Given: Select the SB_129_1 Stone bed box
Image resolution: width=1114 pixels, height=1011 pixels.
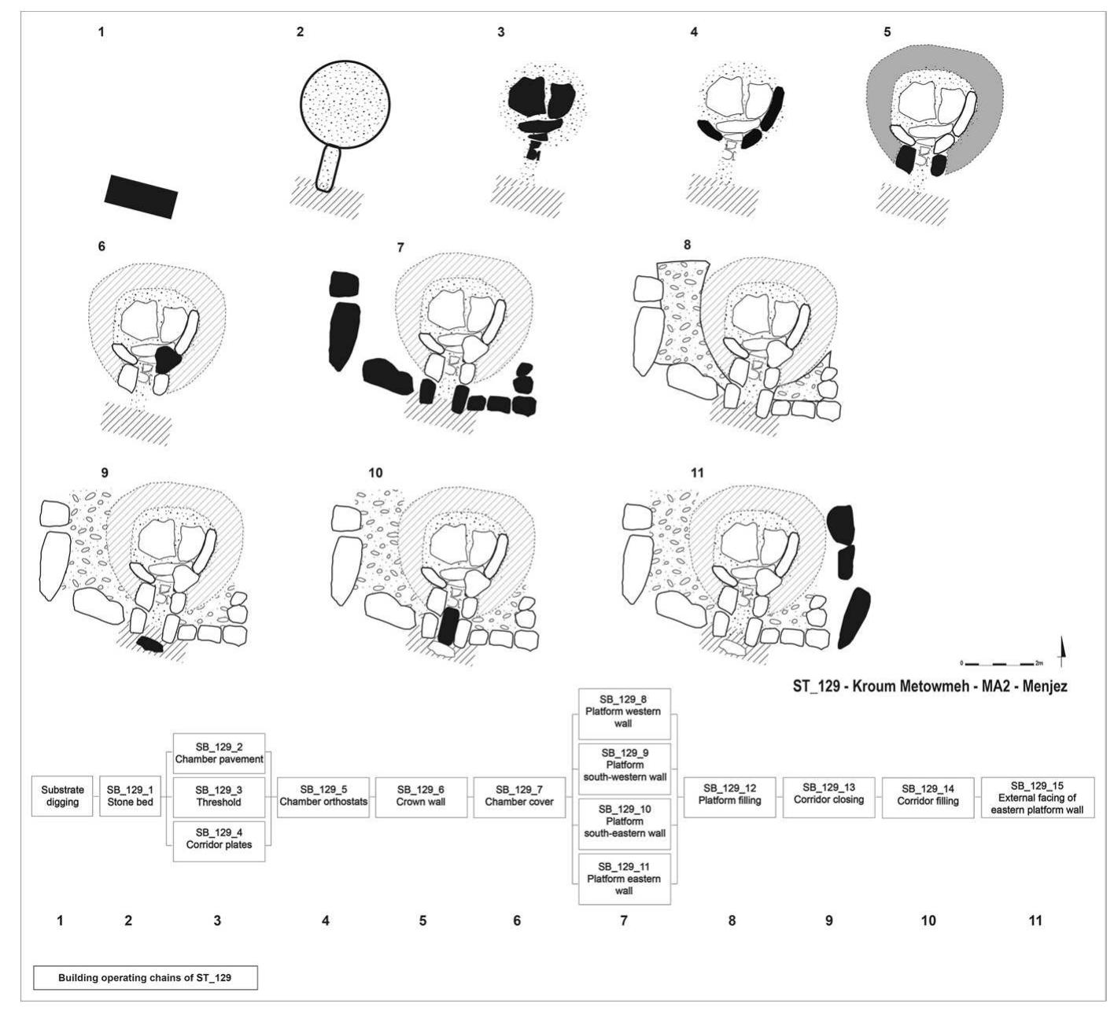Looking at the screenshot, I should coord(129,796).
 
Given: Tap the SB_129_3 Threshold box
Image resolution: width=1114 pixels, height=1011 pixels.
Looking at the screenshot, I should coord(218,796).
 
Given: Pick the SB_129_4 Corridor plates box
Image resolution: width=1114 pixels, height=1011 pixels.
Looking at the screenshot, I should coord(218,839).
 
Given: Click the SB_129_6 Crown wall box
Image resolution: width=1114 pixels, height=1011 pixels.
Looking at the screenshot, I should coord(421,796).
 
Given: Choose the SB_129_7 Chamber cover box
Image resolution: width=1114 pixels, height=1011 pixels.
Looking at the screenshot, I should coord(519,796).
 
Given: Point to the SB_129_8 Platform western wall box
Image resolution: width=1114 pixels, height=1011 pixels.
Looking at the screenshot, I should coord(624,711).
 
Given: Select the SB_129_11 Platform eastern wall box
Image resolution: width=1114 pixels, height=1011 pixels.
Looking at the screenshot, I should coord(624,878).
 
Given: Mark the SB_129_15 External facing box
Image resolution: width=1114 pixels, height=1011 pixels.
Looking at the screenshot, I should coord(1036,797).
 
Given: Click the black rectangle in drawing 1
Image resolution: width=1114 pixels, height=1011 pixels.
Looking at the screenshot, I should coord(141,196).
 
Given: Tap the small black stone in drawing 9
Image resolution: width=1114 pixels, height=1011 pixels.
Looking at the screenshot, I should coord(149,644).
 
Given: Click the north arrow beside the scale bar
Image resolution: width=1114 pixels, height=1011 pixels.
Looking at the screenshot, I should coord(1063,651).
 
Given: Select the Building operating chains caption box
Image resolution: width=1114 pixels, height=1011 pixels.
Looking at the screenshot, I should coord(145,978).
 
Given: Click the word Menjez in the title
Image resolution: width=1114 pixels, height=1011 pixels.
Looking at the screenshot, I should coord(1044,686).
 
